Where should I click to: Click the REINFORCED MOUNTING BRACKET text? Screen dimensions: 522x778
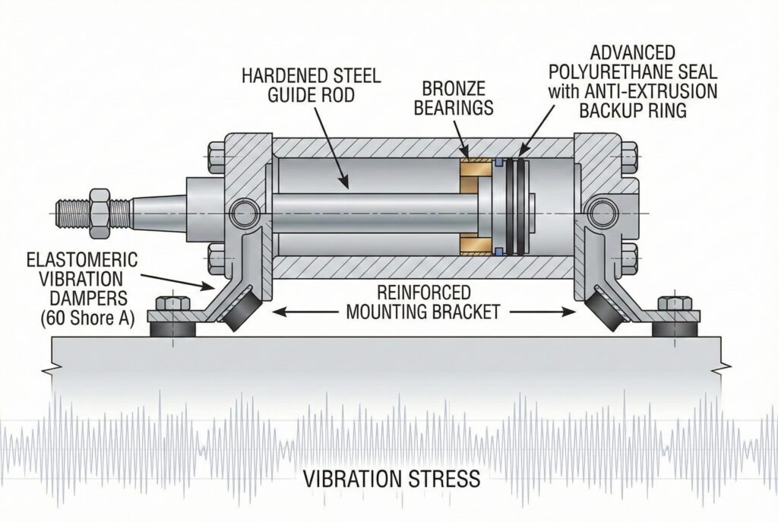point(422,302)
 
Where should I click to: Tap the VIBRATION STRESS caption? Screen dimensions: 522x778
point(391,479)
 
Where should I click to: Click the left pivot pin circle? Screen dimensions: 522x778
point(245,212)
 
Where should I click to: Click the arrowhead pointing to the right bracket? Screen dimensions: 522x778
point(567,310)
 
